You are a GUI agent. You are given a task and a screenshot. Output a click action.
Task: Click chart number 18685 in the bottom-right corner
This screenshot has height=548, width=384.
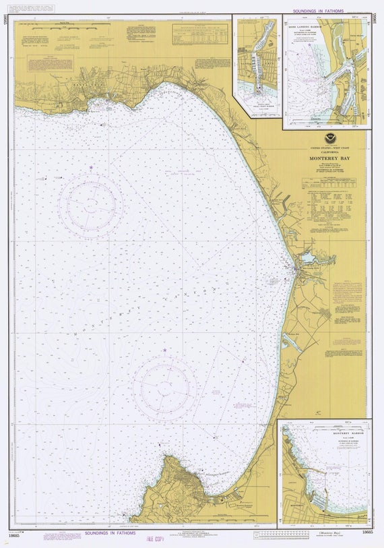(x=366, y=532)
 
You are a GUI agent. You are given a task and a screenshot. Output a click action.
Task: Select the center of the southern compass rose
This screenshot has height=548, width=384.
(x=164, y=388)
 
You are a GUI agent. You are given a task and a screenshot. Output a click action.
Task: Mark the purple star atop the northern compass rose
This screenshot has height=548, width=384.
(x=90, y=167)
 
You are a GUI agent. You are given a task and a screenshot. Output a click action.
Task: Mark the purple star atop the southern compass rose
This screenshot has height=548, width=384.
(x=164, y=351)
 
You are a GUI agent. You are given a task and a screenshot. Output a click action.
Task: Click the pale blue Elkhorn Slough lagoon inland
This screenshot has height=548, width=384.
(x=309, y=257)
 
